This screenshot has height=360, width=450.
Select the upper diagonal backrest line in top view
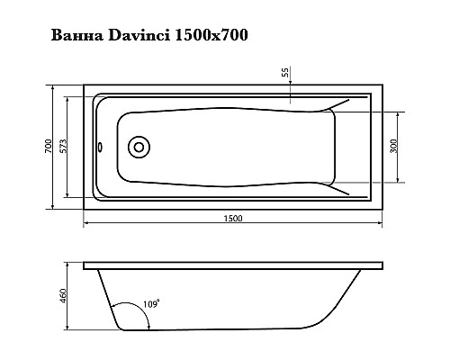[344, 107]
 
